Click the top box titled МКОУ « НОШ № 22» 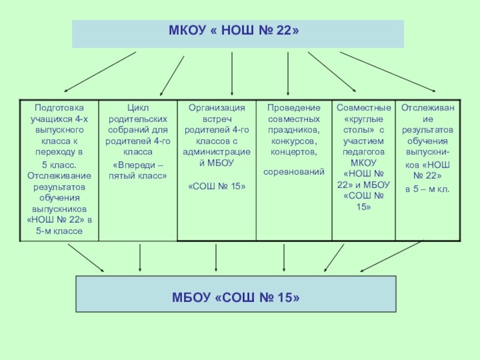coord(238,34)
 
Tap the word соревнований coord(294,172)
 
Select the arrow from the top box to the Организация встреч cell coord(232,73)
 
